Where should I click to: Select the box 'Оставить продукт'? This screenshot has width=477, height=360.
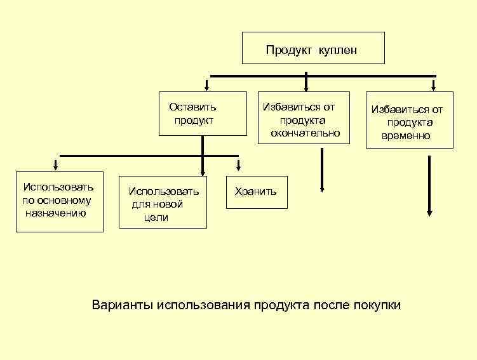click(203, 114)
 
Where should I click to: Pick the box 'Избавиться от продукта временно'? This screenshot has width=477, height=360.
click(409, 120)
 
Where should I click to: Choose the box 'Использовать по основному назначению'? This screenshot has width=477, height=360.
click(59, 201)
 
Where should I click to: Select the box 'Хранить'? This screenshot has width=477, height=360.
click(257, 192)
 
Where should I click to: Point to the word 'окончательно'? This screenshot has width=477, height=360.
click(305, 133)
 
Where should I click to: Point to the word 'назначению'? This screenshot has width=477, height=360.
click(55, 213)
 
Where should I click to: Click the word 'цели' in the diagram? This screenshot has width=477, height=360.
click(156, 218)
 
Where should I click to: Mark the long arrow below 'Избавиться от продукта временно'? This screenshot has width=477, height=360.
click(429, 184)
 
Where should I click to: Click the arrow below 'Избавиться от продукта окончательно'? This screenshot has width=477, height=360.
click(323, 169)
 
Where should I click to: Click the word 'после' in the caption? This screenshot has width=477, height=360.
click(330, 305)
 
